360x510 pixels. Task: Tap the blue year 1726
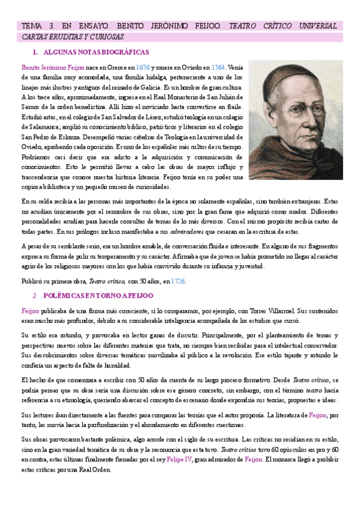coord(177,281)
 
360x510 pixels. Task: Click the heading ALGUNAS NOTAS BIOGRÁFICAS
coord(96,53)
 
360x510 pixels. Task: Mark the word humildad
coord(112,366)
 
